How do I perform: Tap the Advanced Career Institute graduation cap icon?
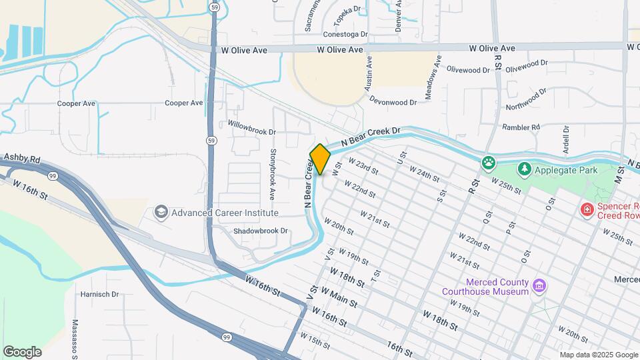(161, 213)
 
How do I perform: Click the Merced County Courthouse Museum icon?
(540, 287)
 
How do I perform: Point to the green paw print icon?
(489, 162)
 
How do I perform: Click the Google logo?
(22, 352)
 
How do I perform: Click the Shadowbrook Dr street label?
(261, 231)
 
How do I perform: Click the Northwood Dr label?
(526, 99)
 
